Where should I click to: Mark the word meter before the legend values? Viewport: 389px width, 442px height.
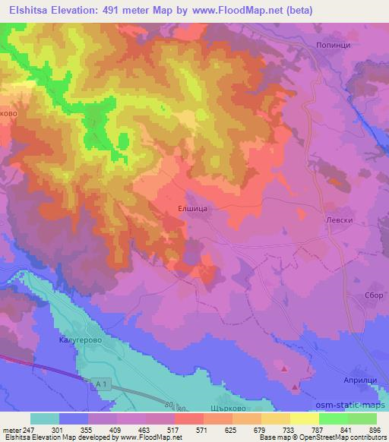pos(10,430)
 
